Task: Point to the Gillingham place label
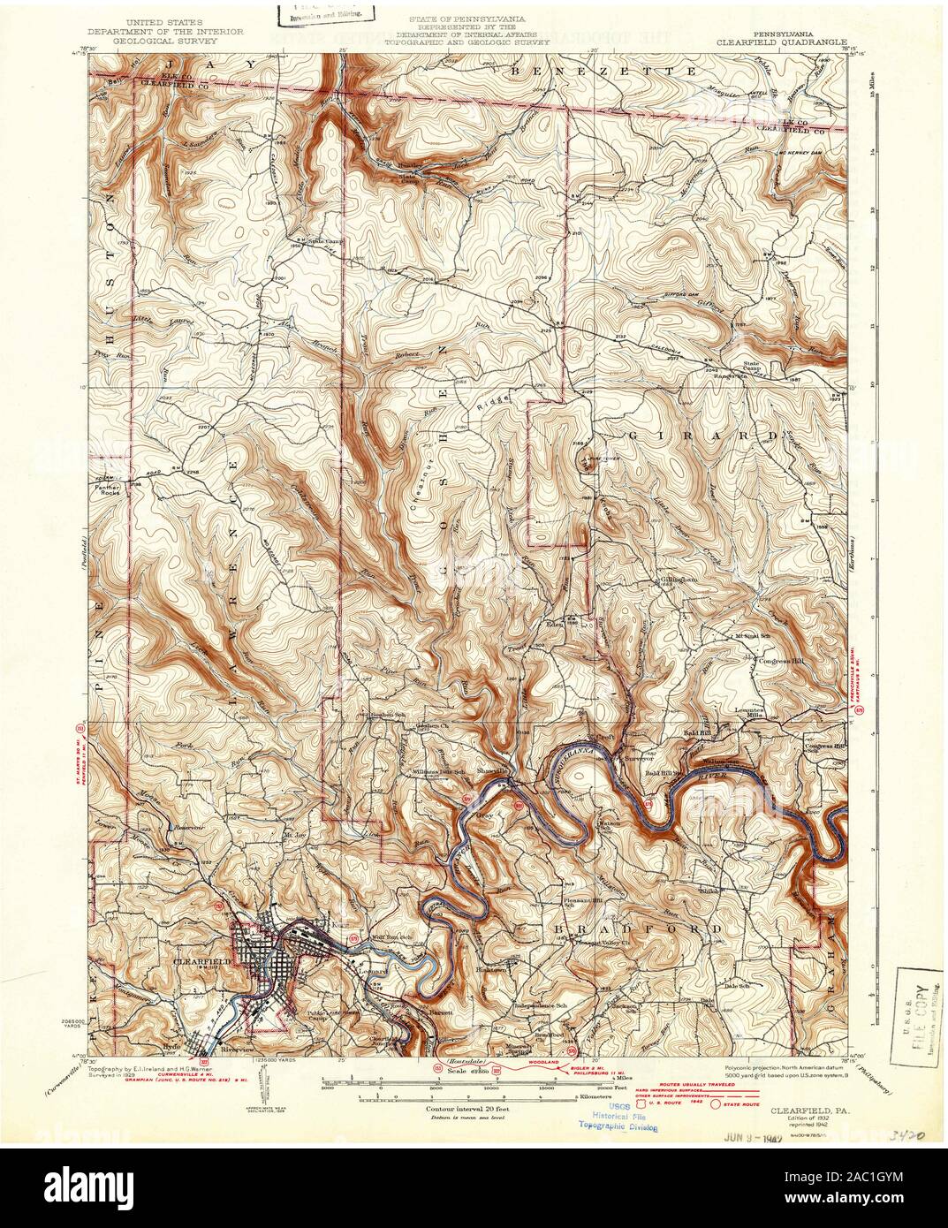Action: point(672,580)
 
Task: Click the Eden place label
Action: point(556,623)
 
